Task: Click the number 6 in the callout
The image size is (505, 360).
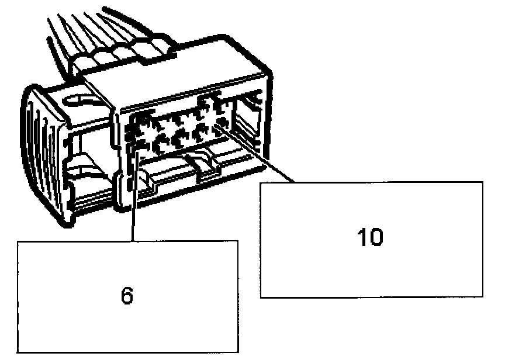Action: [127, 296]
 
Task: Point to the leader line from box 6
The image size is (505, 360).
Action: [134, 199]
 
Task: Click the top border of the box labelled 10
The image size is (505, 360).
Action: [371, 182]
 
